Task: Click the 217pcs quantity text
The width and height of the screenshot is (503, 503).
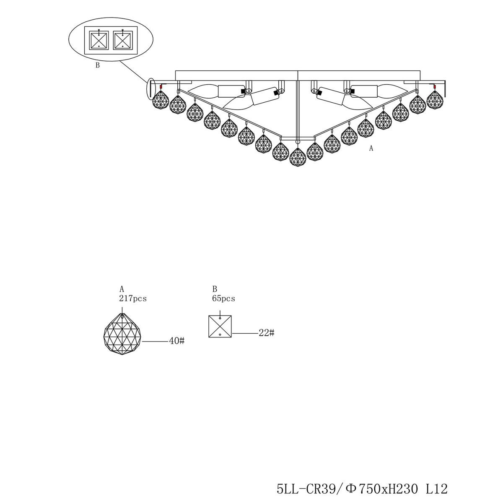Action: tap(133, 298)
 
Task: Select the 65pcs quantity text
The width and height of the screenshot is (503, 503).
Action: tap(223, 298)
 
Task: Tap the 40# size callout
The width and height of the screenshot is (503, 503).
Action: tap(177, 341)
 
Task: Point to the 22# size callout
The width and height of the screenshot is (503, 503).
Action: tap(267, 333)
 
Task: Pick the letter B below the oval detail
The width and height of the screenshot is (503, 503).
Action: tap(98, 65)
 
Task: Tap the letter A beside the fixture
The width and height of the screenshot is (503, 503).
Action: tap(371, 148)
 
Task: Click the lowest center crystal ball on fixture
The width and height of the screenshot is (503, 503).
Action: tap(298, 157)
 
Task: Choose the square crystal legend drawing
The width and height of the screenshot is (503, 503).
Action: tap(220, 327)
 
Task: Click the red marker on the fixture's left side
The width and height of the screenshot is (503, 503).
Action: tap(161, 86)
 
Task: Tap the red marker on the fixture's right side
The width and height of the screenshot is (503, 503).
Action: tap(435, 86)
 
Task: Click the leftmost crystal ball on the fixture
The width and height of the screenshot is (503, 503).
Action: tap(161, 100)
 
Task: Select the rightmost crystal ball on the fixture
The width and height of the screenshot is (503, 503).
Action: tap(435, 100)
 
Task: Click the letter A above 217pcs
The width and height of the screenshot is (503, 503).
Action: tap(122, 289)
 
